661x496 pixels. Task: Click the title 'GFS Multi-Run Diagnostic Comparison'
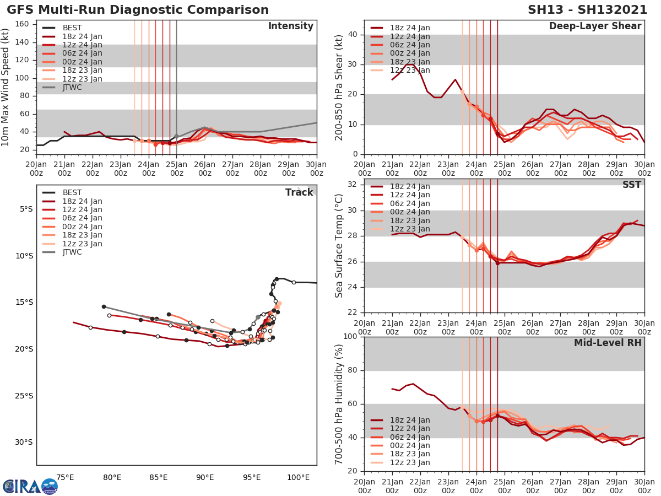[138, 10]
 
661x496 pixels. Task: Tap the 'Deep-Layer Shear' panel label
[595, 26]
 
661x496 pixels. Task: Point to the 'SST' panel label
[632, 185]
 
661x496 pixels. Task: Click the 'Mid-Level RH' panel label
[608, 343]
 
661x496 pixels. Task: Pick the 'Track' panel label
[299, 192]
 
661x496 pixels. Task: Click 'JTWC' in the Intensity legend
[72, 87]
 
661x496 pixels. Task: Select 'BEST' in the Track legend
[72, 193]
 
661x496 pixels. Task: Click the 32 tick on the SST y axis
[352, 185]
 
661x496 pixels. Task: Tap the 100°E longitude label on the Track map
[299, 477]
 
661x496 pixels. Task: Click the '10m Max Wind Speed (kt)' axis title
[7, 87]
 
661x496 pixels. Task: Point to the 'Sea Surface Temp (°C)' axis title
[339, 246]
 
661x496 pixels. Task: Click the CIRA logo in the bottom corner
[30, 486]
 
